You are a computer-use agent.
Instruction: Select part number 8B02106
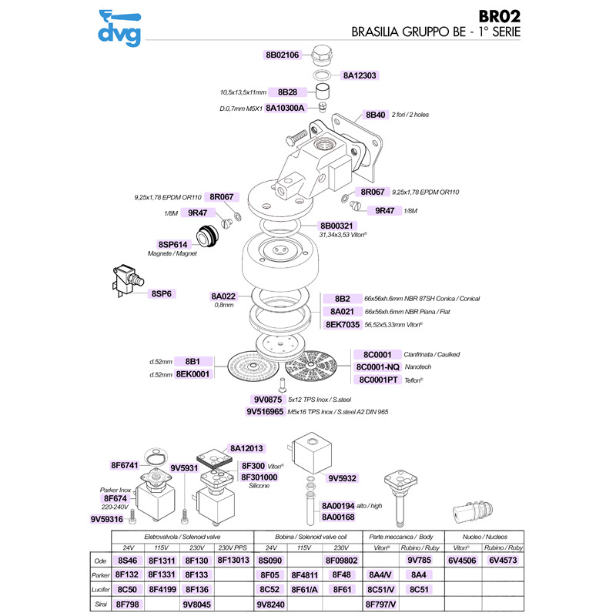(287, 55)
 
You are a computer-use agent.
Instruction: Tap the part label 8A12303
(360, 76)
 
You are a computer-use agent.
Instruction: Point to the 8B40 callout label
(375, 115)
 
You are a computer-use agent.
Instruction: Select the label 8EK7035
(343, 325)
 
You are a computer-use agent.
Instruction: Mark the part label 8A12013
(247, 448)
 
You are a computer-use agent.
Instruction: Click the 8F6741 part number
(124, 465)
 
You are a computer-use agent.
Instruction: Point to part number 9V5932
(342, 478)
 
